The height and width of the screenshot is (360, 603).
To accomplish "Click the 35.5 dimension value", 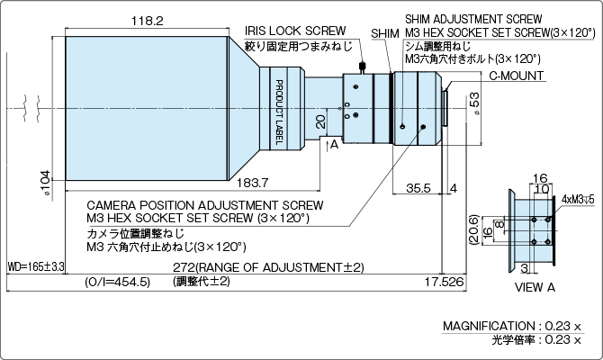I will click(x=417, y=188).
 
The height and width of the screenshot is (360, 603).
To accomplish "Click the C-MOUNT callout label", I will click(x=517, y=76).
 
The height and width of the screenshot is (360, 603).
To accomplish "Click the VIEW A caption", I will click(x=533, y=287).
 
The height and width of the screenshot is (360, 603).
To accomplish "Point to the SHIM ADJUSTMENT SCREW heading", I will click(x=473, y=17).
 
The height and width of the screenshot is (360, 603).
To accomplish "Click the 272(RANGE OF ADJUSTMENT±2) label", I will click(x=268, y=267).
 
